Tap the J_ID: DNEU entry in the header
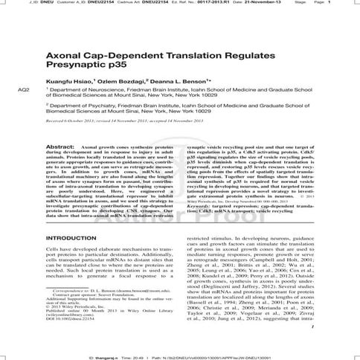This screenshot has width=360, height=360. [22, 3]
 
